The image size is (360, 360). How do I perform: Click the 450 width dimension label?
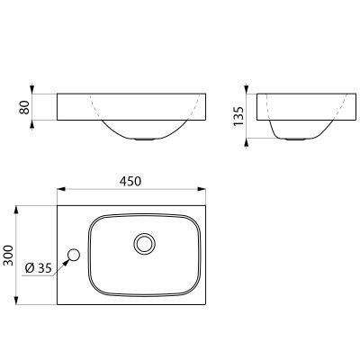(130, 181)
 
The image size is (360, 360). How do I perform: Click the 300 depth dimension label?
(9, 256)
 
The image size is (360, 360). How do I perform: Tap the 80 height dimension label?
(24, 107)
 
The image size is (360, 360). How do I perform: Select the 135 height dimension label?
(239, 116)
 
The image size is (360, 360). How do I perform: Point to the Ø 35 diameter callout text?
(39, 268)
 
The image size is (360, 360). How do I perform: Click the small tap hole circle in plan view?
(74, 256)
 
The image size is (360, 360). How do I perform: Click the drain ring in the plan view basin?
(145, 244)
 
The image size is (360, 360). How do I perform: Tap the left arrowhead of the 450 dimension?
(61, 189)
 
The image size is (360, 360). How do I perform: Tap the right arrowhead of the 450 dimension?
(202, 189)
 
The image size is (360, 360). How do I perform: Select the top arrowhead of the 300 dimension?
(17, 210)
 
